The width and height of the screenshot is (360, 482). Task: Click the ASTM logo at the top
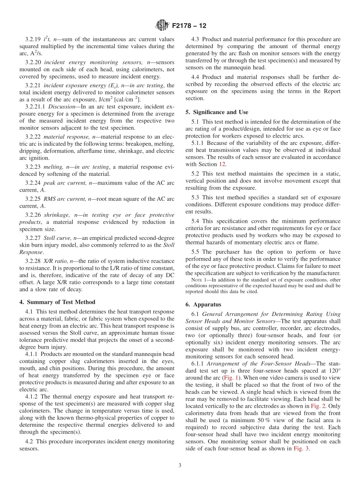click(x=162, y=26)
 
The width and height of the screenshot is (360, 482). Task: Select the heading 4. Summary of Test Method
click(x=57, y=302)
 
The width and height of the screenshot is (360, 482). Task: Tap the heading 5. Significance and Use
click(x=217, y=112)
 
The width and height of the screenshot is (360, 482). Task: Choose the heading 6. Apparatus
click(x=203, y=304)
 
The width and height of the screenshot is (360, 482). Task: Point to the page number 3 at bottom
click(x=180, y=465)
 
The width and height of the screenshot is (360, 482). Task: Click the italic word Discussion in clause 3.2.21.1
click(x=61, y=107)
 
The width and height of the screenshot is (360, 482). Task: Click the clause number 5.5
click(x=197, y=252)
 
